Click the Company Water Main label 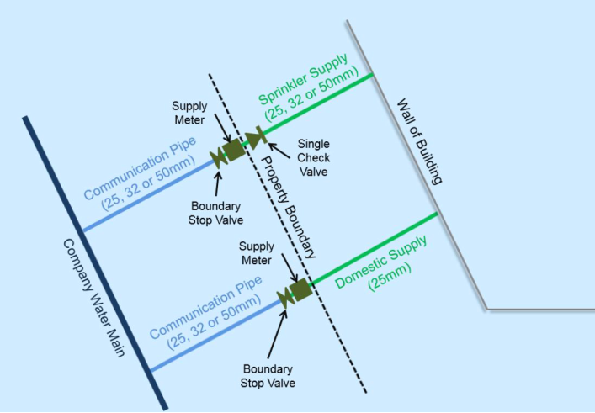point(93,298)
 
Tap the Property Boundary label point(289,207)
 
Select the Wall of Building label point(420,141)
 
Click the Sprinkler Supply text point(303,80)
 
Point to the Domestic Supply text point(381,262)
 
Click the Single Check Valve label point(313,158)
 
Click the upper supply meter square point(233,150)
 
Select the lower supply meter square point(301,290)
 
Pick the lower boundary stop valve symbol point(285,298)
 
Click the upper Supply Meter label point(189,113)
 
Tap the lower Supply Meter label point(257,253)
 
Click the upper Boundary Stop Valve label point(215,213)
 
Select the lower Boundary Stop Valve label point(268,376)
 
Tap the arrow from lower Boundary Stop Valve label point(277,334)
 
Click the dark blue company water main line point(95,263)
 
